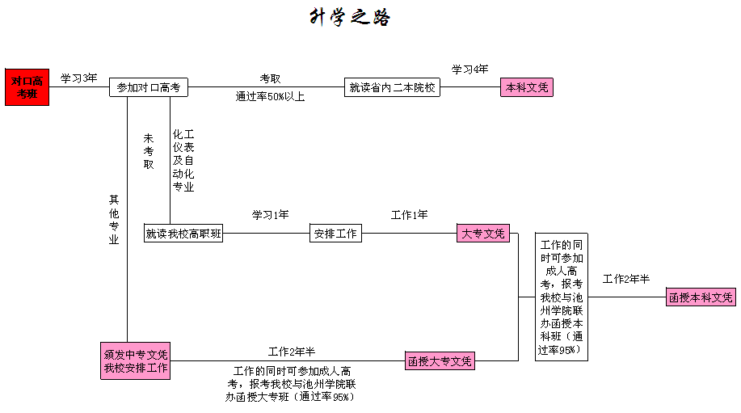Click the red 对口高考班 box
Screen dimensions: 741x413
(x=27, y=87)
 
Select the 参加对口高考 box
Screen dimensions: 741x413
(x=149, y=87)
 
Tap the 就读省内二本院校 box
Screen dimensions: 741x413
(x=392, y=87)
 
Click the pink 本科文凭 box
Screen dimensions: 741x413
(x=526, y=87)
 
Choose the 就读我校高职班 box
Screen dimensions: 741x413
(x=183, y=234)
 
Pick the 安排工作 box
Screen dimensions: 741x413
(x=335, y=234)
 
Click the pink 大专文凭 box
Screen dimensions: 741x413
(x=483, y=234)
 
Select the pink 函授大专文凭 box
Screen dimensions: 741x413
(x=440, y=361)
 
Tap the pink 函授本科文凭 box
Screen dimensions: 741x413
(x=701, y=297)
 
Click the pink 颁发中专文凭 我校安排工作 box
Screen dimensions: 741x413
(x=135, y=361)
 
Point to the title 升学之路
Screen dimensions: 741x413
(x=350, y=17)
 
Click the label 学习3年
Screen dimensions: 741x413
(x=79, y=78)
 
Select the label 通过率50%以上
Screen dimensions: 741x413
(x=270, y=96)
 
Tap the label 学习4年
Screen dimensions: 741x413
(x=469, y=70)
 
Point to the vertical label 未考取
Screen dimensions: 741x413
(x=149, y=151)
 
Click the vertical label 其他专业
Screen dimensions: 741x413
(x=114, y=219)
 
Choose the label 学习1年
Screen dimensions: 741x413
(x=270, y=215)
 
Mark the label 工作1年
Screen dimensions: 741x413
(x=409, y=215)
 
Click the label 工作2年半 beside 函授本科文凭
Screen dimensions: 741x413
(x=626, y=279)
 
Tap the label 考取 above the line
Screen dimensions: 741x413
(x=270, y=78)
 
